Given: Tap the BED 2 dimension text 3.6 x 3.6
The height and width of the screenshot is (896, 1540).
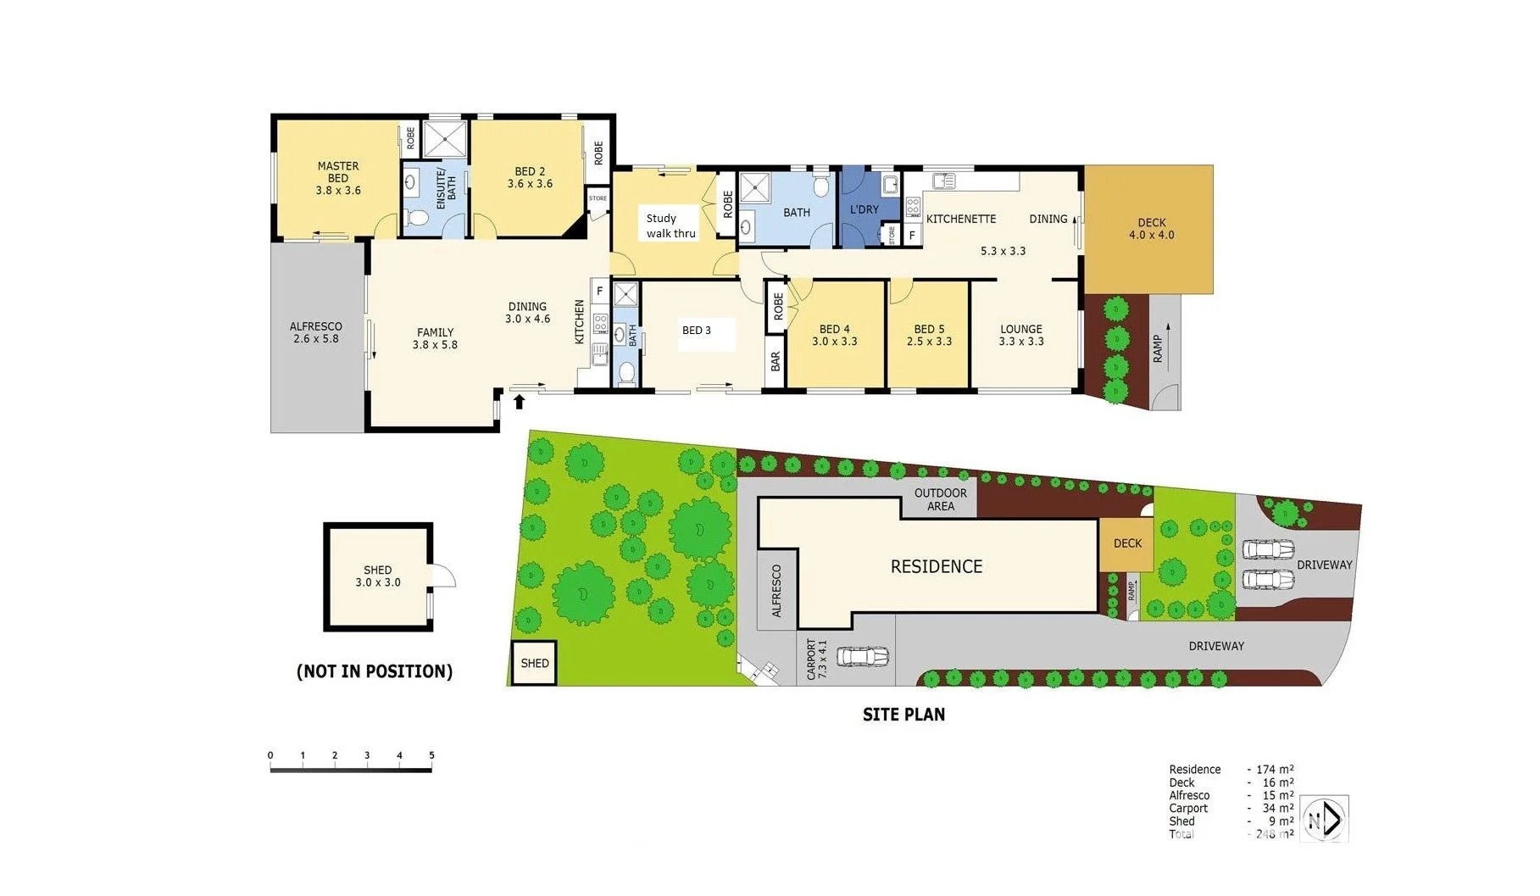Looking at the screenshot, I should [x=530, y=184].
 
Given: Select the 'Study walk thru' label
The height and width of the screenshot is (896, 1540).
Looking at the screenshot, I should [x=670, y=225].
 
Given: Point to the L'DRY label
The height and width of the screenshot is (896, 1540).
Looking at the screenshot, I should [x=864, y=209].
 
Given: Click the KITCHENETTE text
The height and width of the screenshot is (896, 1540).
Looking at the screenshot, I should [x=960, y=219].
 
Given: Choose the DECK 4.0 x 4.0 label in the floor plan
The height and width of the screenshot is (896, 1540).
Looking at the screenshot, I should [x=1151, y=229].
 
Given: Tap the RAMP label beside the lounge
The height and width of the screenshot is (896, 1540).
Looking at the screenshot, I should [x=1158, y=348].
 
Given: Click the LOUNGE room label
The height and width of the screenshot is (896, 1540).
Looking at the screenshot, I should [x=1020, y=329].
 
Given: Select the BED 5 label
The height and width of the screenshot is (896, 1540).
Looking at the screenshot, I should [x=929, y=329].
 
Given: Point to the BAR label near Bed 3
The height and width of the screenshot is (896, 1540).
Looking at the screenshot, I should [x=776, y=362].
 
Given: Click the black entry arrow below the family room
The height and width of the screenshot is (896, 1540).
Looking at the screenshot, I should [x=519, y=401].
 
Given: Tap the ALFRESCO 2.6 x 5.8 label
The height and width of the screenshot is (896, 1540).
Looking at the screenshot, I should [x=316, y=332].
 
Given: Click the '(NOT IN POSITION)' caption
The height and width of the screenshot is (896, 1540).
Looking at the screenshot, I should [x=375, y=671].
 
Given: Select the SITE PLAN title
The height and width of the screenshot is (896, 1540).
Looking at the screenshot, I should [x=903, y=715].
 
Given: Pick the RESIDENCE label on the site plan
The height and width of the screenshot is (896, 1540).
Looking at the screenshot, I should [x=936, y=566].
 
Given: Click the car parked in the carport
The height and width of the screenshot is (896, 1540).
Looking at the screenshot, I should [x=862, y=656].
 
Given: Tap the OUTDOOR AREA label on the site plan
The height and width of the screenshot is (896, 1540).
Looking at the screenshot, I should [x=940, y=499].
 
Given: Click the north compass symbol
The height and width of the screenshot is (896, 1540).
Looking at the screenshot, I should [x=1323, y=820].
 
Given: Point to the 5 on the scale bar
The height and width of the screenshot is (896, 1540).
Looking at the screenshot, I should [x=431, y=755].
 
